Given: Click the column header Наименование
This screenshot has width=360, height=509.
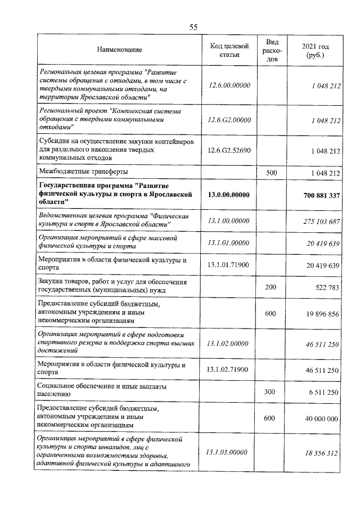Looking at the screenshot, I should pyautogui.click(x=119, y=51).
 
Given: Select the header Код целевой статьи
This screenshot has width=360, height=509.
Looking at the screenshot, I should pyautogui.click(x=228, y=51).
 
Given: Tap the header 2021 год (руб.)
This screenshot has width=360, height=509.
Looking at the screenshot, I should pyautogui.click(x=314, y=51).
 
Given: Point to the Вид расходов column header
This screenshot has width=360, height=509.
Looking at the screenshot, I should pyautogui.click(x=272, y=51).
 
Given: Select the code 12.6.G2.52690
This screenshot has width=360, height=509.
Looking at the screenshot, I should pyautogui.click(x=228, y=151).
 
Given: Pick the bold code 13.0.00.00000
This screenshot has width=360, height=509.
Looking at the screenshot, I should pyautogui.click(x=228, y=195).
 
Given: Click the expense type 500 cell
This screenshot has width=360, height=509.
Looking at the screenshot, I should pyautogui.click(x=272, y=173).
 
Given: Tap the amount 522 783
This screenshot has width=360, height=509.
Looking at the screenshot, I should pyautogui.click(x=324, y=287).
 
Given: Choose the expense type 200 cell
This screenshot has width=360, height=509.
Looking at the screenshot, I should pyautogui.click(x=272, y=287).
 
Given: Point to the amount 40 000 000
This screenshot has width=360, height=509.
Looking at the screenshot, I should pyautogui.click(x=319, y=418).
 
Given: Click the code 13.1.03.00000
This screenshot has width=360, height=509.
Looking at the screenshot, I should pyautogui.click(x=228, y=452).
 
